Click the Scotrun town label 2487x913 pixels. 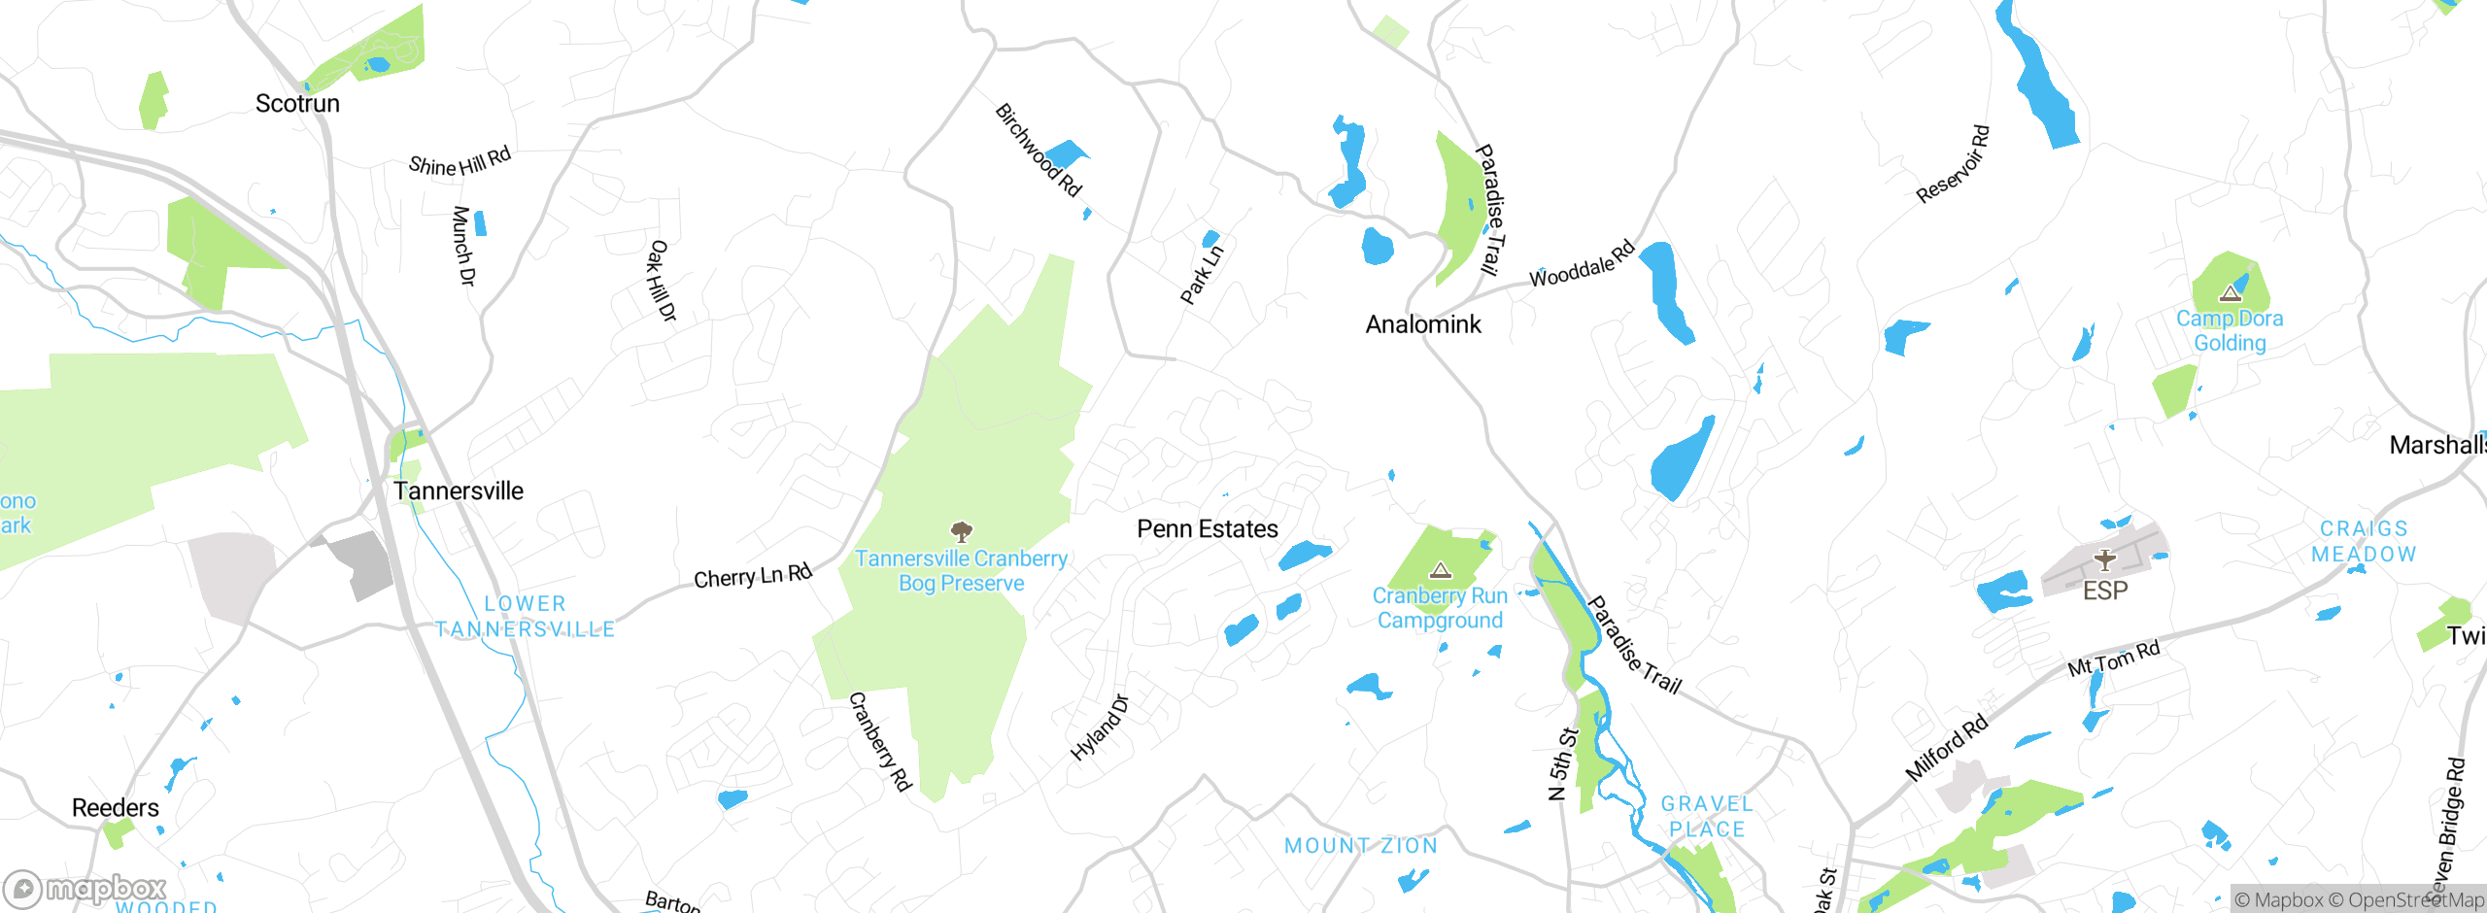[297, 104]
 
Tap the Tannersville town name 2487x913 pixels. [459, 491]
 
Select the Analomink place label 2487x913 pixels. [1423, 324]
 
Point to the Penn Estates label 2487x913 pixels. [1208, 529]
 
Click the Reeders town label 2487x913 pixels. [116, 808]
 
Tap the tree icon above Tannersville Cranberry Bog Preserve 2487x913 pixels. [962, 531]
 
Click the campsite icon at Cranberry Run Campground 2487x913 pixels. [1441, 570]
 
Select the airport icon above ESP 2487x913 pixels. [2104, 560]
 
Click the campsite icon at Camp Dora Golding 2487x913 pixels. [2230, 292]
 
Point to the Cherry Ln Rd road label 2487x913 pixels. [753, 576]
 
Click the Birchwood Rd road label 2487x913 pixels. [1039, 151]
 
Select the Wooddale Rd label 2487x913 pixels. [1583, 264]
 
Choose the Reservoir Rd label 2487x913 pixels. [1953, 164]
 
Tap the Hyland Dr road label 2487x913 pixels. [1100, 728]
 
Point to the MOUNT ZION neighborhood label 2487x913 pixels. [1361, 846]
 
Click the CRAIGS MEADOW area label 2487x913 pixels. [2364, 542]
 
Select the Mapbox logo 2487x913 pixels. [85, 889]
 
